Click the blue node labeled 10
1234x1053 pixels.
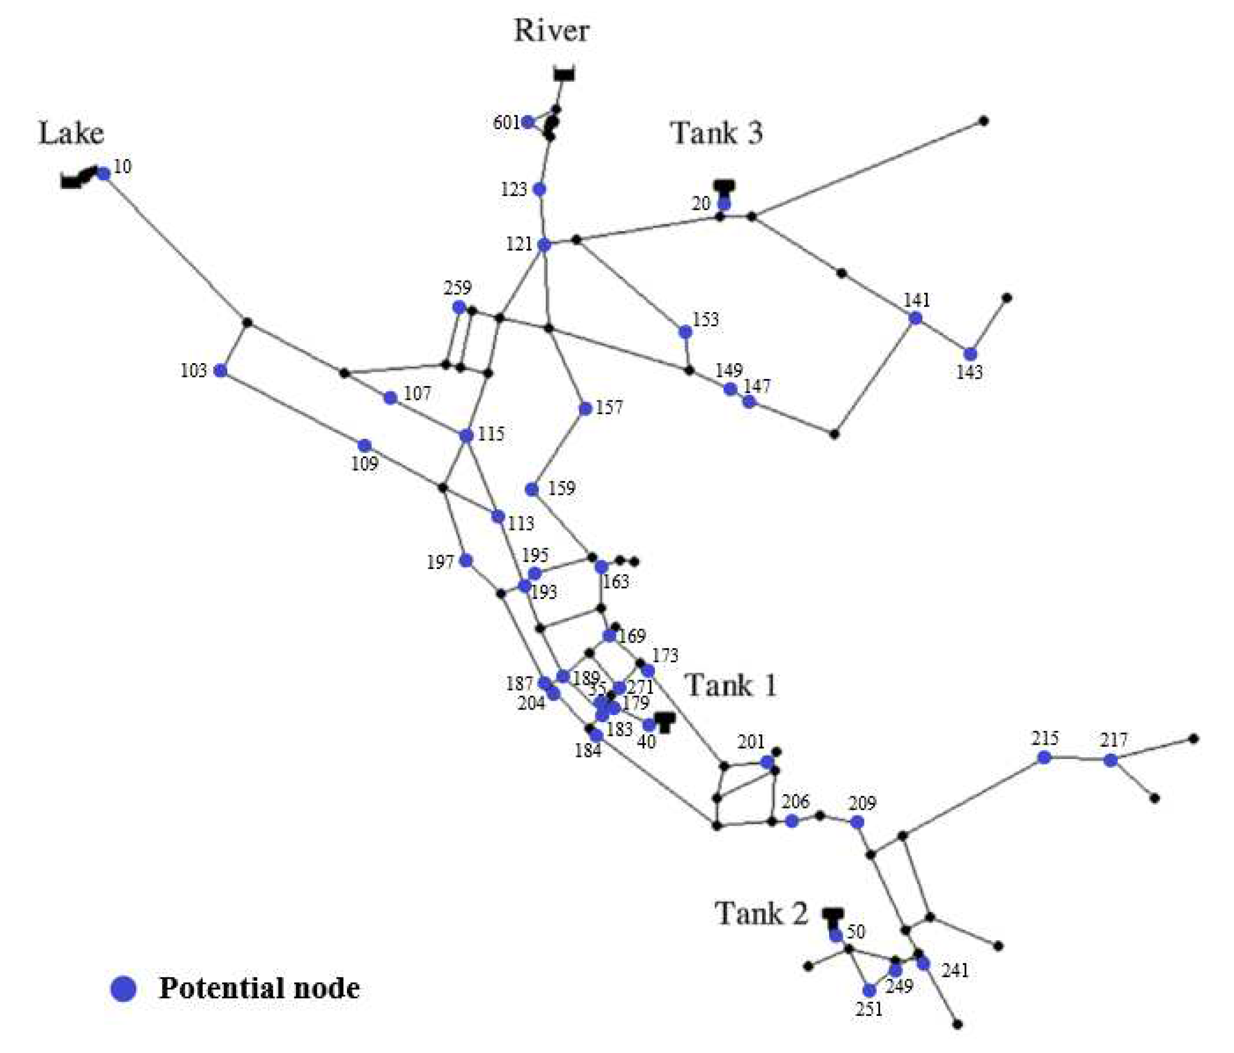pos(103,174)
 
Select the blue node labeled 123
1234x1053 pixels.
pos(540,190)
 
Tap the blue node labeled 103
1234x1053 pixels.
pos(220,370)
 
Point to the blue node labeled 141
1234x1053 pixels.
pos(915,318)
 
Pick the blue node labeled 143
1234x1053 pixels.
pos(970,354)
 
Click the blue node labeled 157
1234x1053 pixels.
pos(585,408)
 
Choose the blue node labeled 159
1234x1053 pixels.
pos(532,489)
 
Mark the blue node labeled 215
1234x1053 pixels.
pos(1044,757)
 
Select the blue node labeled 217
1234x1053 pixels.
pos(1110,760)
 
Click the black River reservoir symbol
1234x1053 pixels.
pos(563,74)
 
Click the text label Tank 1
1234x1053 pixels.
pos(732,685)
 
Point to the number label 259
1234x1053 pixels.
pos(457,288)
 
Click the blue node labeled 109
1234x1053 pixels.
pos(364,445)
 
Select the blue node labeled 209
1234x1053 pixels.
pos(857,822)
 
